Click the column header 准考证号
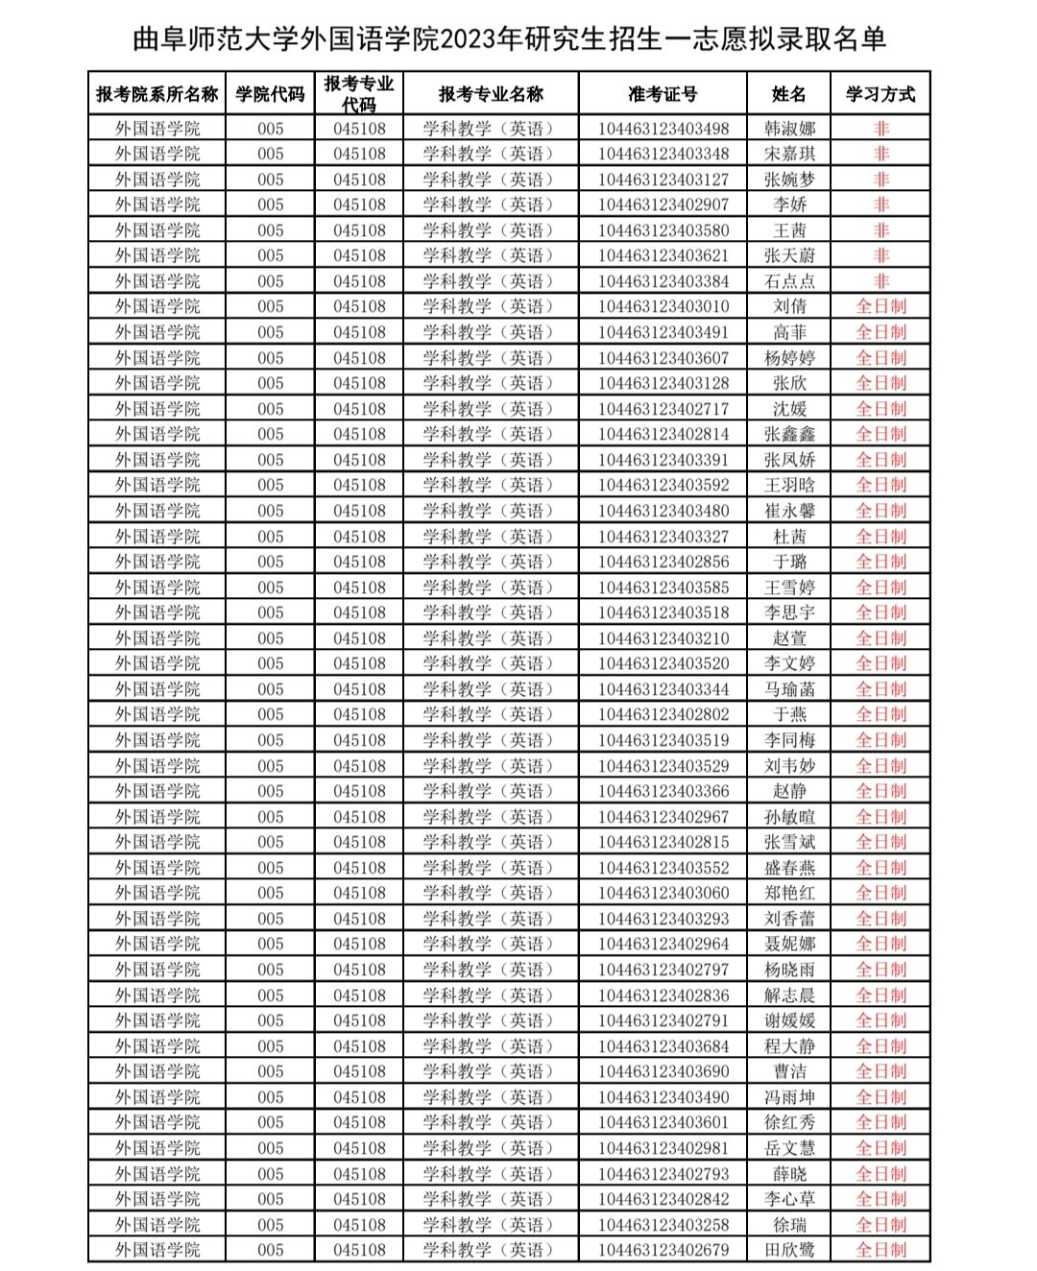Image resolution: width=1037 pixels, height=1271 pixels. pyautogui.click(x=663, y=94)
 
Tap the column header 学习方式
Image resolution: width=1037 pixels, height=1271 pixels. pyautogui.click(x=880, y=94)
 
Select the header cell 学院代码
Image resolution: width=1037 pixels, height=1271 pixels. pyautogui.click(x=270, y=94)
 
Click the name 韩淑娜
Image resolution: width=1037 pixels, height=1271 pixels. pyautogui.click(x=789, y=129)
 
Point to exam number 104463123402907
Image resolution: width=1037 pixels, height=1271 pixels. pyautogui.click(x=663, y=204)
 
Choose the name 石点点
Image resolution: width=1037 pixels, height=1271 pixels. pyautogui.click(x=789, y=281)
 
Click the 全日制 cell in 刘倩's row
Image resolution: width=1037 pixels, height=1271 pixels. pyautogui.click(x=880, y=306)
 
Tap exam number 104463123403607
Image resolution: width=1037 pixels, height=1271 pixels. pyautogui.click(x=663, y=358)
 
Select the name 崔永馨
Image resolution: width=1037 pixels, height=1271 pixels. pyautogui.click(x=789, y=511)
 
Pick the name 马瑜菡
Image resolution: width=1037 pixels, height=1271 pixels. pyautogui.click(x=789, y=689)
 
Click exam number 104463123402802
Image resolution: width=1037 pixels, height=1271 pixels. pyautogui.click(x=663, y=714)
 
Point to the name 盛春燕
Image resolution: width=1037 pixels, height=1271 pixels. pyautogui.click(x=789, y=868)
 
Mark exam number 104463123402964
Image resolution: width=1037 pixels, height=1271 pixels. pyautogui.click(x=663, y=944)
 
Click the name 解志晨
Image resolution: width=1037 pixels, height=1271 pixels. pyautogui.click(x=789, y=995)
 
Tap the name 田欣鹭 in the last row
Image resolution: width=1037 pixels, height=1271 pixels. pyautogui.click(x=789, y=1250)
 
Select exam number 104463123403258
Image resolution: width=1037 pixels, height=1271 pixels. pyautogui.click(x=663, y=1225)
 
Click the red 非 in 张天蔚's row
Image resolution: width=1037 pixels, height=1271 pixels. pyautogui.click(x=880, y=255)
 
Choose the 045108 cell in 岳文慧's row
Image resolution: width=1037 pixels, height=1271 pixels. pyautogui.click(x=359, y=1148)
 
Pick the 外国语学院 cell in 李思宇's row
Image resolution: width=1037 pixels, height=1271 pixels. pyautogui.click(x=157, y=612)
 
